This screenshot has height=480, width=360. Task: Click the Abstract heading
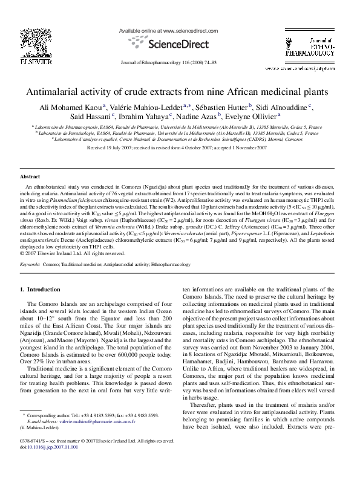(30, 177)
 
